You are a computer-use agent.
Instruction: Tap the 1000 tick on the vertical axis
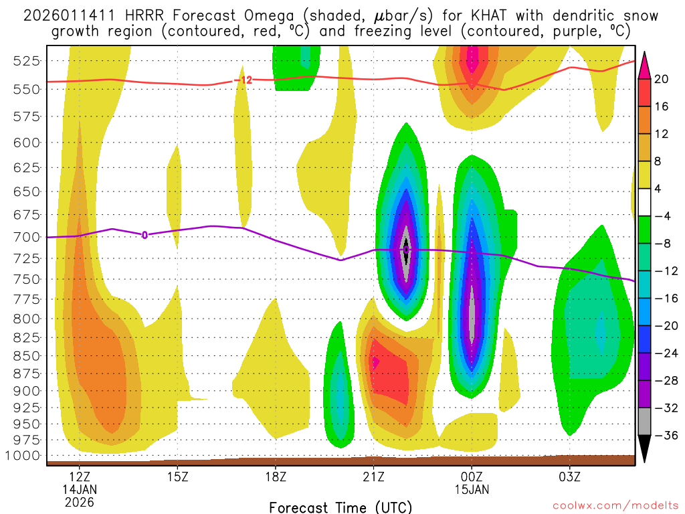[25, 456]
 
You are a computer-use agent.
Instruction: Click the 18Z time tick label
[276, 478]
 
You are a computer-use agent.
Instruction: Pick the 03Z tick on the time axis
[569, 478]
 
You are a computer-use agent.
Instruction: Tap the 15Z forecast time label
[177, 478]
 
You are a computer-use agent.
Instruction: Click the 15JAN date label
[472, 490]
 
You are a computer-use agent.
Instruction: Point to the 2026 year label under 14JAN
[80, 502]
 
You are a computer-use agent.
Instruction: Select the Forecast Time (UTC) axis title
[340, 507]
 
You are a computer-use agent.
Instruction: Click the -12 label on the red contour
[244, 80]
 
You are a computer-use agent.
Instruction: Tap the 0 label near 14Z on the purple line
[144, 235]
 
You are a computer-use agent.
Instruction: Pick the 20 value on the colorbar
[662, 79]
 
